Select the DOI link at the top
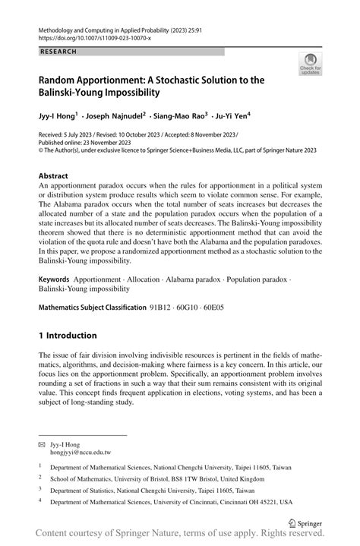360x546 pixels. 89,36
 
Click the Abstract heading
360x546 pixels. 53,175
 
